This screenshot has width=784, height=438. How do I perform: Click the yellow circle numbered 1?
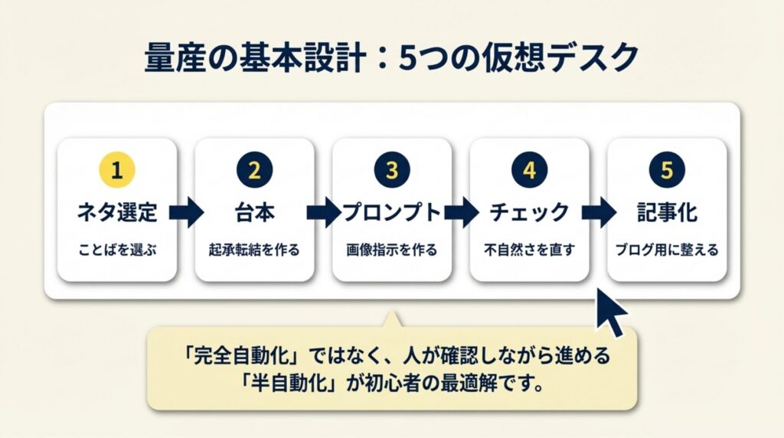(x=116, y=171)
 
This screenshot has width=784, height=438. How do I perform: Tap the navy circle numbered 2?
(x=254, y=171)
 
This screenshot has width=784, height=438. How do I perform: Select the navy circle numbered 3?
(x=391, y=171)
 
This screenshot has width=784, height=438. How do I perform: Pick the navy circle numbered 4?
(x=529, y=171)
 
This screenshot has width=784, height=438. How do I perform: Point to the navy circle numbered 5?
(x=667, y=171)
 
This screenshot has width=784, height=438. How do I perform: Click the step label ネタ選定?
(x=116, y=212)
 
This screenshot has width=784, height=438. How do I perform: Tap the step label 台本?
(x=254, y=212)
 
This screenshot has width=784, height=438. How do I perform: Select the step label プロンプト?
(x=391, y=212)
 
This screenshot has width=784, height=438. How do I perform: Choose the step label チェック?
(x=529, y=212)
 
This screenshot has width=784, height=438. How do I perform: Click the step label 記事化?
(x=667, y=212)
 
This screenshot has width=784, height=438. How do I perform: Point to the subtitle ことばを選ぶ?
(x=116, y=250)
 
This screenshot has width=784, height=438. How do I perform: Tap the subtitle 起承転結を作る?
(x=254, y=250)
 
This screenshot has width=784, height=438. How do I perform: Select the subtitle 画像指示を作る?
(x=391, y=250)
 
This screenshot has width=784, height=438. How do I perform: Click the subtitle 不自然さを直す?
(x=529, y=250)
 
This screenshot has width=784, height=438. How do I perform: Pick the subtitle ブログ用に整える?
(x=667, y=250)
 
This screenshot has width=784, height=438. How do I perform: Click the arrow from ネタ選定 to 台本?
(x=186, y=212)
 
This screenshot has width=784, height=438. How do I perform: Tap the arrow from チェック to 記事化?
(x=598, y=212)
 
